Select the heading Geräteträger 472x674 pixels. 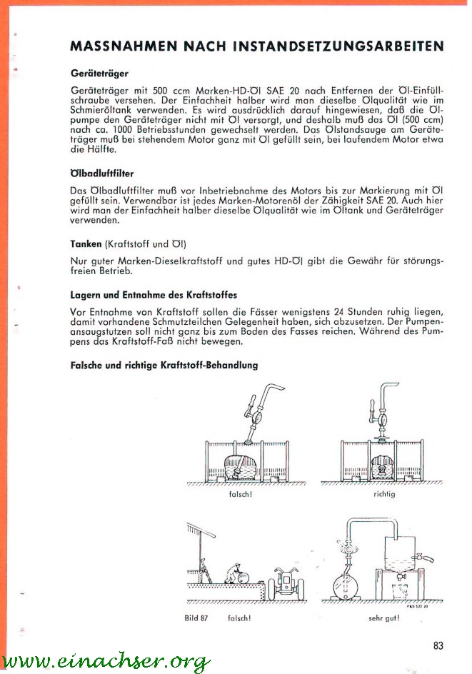99,73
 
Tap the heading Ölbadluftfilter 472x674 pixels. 102,173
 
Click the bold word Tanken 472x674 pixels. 86,243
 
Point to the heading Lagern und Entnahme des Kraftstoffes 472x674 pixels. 154,294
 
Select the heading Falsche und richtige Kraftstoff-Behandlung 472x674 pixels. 164,365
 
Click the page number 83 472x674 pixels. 438,646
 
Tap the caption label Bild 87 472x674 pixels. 195,618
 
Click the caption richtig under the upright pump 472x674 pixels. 384,493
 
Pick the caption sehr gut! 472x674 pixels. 383,618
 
